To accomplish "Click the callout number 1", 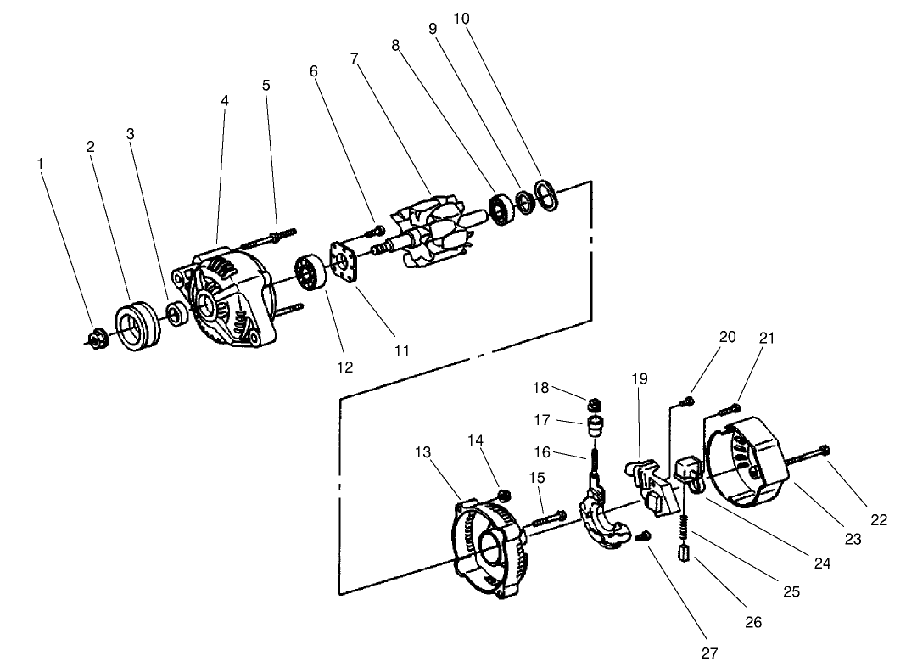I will pyautogui.click(x=40, y=162).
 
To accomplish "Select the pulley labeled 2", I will pyautogui.click(x=133, y=326).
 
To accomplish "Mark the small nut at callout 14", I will pyautogui.click(x=503, y=495).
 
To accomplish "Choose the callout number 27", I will pyautogui.click(x=709, y=653).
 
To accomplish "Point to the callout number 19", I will pyautogui.click(x=640, y=378).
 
